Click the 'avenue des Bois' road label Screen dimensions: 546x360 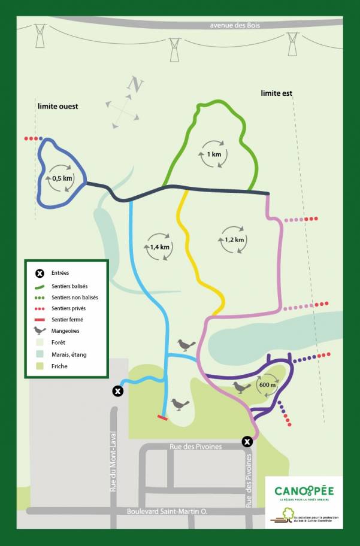(238, 25)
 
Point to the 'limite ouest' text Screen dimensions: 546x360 (58, 107)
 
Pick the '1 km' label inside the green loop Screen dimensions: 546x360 (214, 154)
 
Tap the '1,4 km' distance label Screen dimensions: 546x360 (160, 247)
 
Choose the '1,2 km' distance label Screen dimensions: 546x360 (234, 239)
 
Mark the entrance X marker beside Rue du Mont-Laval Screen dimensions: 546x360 (118, 391)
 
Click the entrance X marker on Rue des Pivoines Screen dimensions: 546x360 (247, 442)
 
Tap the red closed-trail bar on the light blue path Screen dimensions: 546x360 (162, 417)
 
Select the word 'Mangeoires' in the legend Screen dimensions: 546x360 (66, 330)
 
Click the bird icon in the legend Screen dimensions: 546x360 (40, 330)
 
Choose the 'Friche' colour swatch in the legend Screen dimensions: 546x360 (40, 366)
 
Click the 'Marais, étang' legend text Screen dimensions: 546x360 (69, 354)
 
